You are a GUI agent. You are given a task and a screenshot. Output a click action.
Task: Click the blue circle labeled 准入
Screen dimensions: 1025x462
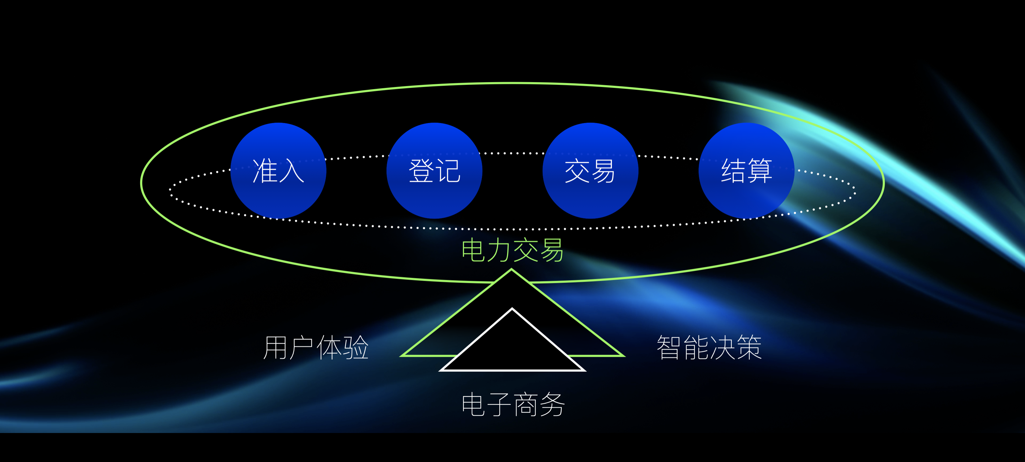point(279,171)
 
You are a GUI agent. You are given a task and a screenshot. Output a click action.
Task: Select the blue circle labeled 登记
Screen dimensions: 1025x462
point(434,171)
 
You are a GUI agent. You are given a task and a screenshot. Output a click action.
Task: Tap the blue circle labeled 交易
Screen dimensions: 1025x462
point(591,171)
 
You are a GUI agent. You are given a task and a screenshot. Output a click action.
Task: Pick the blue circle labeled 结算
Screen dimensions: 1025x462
point(746,171)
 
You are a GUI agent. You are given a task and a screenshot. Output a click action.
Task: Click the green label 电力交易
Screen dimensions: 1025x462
point(512,250)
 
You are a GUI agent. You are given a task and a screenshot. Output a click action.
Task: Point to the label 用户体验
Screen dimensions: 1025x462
point(316,347)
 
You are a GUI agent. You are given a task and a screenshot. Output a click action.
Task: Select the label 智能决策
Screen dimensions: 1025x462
point(709,347)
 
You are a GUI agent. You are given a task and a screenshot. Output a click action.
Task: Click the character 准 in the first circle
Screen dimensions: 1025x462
point(265,171)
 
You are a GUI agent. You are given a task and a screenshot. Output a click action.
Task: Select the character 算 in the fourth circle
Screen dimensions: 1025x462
point(760,171)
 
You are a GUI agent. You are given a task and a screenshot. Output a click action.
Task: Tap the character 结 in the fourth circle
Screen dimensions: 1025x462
point(733,171)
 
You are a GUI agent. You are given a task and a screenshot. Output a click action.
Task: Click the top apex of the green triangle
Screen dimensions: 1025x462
point(511,270)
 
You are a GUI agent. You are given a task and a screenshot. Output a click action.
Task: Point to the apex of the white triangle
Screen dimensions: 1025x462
point(512,309)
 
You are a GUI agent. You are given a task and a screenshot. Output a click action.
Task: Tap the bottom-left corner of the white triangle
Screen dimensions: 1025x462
point(441,370)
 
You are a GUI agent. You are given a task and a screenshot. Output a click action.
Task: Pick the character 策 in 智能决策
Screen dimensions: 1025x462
point(749,347)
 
